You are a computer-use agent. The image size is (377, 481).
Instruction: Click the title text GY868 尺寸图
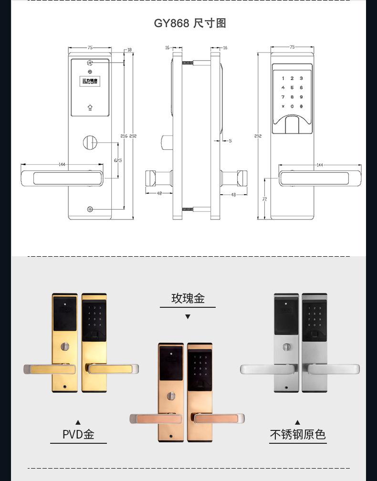189,23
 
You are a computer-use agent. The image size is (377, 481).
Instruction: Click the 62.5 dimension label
118,160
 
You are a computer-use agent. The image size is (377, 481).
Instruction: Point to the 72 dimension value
264,199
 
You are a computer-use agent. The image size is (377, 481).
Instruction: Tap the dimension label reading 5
230,141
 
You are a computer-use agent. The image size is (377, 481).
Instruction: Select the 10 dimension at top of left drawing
129,50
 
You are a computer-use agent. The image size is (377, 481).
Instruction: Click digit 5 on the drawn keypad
292,87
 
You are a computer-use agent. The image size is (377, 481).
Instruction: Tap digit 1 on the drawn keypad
283,78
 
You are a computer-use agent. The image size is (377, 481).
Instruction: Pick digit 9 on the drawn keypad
301,97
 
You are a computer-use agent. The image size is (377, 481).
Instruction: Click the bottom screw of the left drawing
90,210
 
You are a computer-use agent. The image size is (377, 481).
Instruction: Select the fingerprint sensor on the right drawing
292,125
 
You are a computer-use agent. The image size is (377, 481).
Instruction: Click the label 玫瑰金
188,299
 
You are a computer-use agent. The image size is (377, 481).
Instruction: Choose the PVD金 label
78,434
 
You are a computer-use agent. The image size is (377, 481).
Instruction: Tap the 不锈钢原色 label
298,434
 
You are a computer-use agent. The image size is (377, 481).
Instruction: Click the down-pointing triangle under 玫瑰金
188,316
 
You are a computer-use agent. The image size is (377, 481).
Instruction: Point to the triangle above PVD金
78,422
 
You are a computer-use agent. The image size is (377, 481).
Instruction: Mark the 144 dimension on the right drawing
320,165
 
